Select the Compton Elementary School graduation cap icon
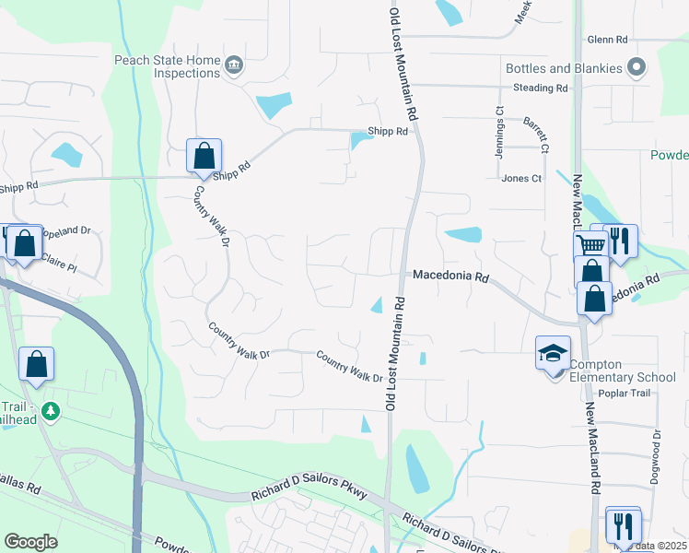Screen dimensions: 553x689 tap(553, 353)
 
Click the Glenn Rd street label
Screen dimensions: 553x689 tap(607, 40)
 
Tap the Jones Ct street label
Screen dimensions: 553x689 tap(521, 178)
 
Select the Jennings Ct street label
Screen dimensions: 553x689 tap(499, 135)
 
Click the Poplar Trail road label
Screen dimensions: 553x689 tap(624, 394)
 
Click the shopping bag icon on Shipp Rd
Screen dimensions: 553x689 tap(204, 155)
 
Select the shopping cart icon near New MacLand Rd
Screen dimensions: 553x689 tap(590, 243)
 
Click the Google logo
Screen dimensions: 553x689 tap(30, 542)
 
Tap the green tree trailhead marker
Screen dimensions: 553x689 tap(51, 411)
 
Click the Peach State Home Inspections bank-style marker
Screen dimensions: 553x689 tap(234, 65)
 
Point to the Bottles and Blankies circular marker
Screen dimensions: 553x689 tap(636, 66)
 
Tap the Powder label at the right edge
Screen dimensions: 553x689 tap(669, 155)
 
